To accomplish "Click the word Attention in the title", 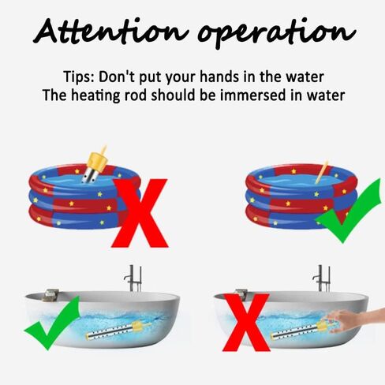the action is click(x=110, y=31).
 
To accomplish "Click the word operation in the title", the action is click(x=276, y=33).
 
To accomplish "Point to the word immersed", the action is click(x=252, y=95).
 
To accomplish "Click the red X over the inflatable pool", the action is click(x=140, y=213).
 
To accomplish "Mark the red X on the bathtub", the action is click(x=246, y=323).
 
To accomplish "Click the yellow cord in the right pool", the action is click(x=322, y=171).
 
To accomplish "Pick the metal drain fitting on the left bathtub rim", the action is click(x=50, y=295).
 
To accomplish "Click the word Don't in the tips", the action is click(x=117, y=77).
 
